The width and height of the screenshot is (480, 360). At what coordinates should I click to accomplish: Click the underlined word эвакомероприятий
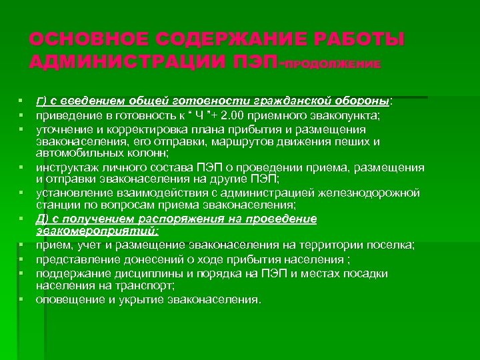click(97, 231)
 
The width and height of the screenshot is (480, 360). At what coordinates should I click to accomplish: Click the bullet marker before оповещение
click(23, 299)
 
